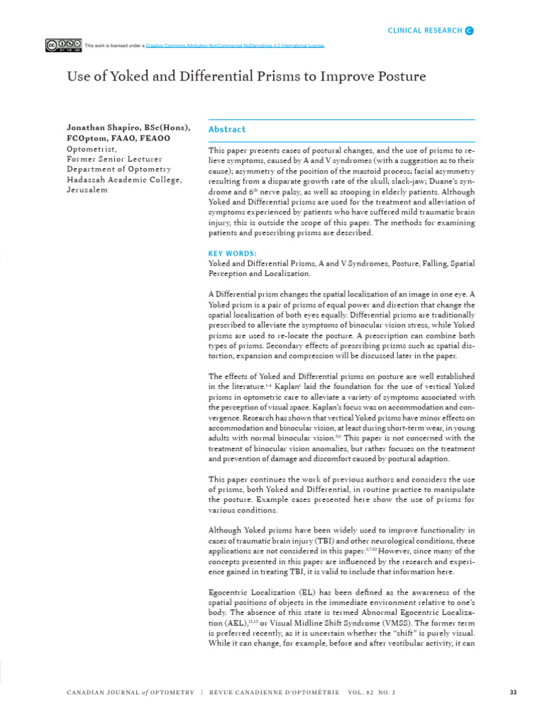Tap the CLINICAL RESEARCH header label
tap(425, 30)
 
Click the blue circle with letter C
tap(470, 30)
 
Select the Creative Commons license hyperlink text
tap(235, 46)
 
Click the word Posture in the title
tap(398, 76)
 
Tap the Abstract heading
tap(227, 130)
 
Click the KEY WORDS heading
tap(232, 253)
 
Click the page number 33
tap(513, 693)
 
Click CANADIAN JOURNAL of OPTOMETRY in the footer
tap(130, 693)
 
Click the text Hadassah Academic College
tap(124, 180)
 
